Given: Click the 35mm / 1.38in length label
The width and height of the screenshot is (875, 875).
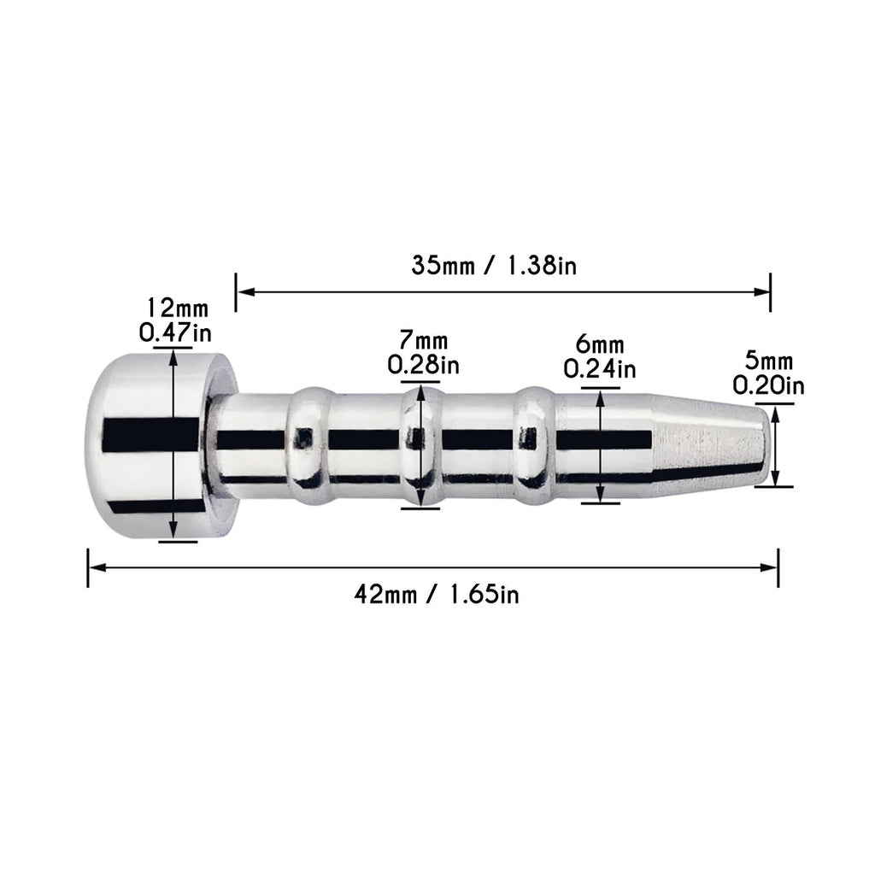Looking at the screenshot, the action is (x=494, y=265).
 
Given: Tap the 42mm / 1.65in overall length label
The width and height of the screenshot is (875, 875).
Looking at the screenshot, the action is (x=437, y=595).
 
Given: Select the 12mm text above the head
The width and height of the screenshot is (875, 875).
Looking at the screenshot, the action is (x=177, y=308).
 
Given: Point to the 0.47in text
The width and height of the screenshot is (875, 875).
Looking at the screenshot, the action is (x=175, y=333).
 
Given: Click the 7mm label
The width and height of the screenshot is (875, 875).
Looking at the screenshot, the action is (x=424, y=340).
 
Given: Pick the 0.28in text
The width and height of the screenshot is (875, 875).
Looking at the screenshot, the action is (x=424, y=365).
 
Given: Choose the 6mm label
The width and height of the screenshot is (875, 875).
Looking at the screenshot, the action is (x=600, y=344).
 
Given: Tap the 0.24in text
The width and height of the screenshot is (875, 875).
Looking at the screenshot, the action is (x=600, y=369).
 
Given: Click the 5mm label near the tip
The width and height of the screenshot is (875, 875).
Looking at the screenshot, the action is (x=769, y=361).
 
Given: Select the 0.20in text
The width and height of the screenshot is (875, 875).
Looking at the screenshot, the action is (x=768, y=385).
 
